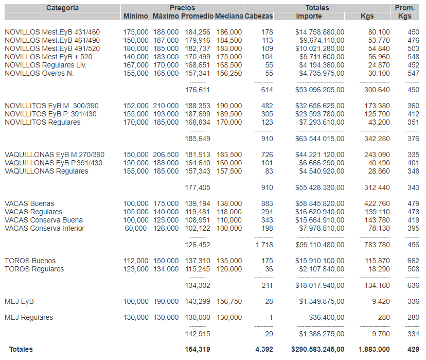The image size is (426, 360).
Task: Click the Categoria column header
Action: click(x=62, y=8)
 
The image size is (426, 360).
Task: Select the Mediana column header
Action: click(x=228, y=16)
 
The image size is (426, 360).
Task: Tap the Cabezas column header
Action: click(x=259, y=16)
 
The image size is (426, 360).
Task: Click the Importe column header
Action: click(x=309, y=16)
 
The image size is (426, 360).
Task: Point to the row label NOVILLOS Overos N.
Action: click(x=39, y=73)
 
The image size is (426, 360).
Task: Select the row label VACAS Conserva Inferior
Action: click(x=44, y=228)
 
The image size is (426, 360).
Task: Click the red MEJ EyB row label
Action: click(x=19, y=301)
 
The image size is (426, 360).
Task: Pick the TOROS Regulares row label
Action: click(x=34, y=269)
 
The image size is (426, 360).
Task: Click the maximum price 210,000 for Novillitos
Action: click(x=166, y=106)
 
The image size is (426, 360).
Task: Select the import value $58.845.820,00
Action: click(x=319, y=203)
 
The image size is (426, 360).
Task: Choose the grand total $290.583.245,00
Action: click(x=317, y=349)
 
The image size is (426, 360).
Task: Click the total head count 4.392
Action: click(x=264, y=349)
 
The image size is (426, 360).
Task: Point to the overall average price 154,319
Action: click(x=198, y=349)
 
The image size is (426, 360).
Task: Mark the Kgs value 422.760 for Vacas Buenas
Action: click(x=377, y=203)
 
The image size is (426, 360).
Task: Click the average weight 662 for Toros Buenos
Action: click(x=413, y=261)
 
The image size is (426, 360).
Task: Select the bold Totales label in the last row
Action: click(x=21, y=349)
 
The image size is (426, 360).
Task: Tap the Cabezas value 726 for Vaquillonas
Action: click(x=267, y=155)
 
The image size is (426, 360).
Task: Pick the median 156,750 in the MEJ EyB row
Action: click(x=228, y=301)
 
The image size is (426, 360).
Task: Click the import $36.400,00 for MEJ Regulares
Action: click(x=326, y=317)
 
